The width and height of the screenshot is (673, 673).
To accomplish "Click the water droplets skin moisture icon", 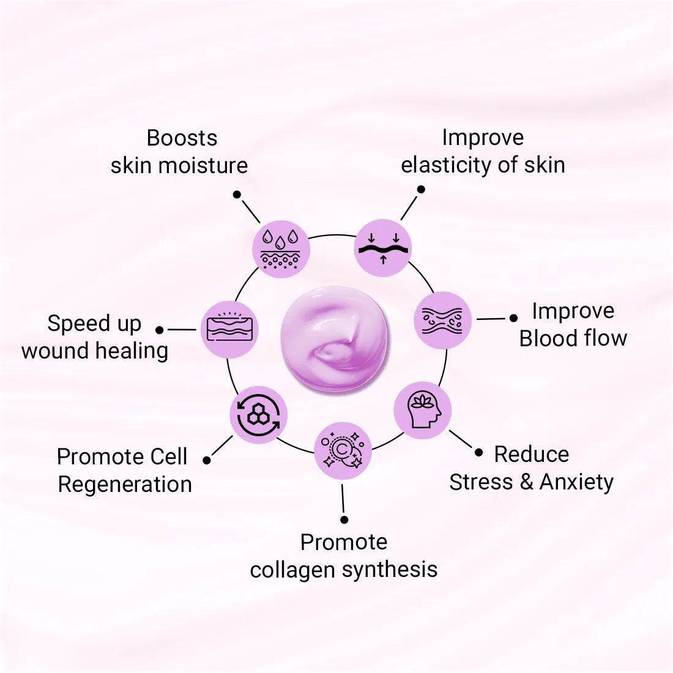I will click(x=281, y=249).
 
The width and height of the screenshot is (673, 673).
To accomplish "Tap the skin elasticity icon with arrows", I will click(x=383, y=248).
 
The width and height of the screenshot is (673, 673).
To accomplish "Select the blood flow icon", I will click(x=442, y=320).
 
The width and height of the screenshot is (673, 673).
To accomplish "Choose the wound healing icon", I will click(x=230, y=329).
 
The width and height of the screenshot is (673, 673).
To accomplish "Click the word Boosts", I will click(x=182, y=138).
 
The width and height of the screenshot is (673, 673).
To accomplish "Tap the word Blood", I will click(x=546, y=338).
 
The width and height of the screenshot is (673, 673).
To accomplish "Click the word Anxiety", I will click(x=576, y=482).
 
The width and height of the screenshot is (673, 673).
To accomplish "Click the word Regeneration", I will click(x=125, y=485).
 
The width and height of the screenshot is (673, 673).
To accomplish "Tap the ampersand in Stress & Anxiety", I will click(x=526, y=482).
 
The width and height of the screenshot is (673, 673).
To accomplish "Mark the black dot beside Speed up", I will click(x=160, y=330).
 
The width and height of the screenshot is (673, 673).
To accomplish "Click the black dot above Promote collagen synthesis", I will click(x=344, y=519).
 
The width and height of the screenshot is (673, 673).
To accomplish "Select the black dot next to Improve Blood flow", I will click(x=513, y=318).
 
